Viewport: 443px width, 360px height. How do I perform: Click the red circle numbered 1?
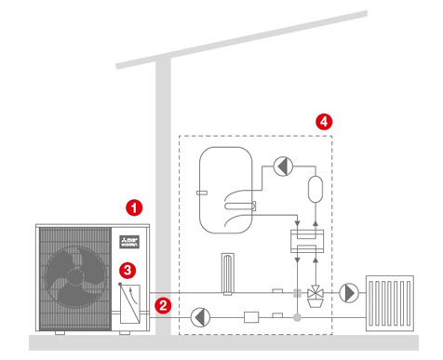click(x=135, y=207)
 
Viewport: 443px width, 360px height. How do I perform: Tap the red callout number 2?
click(x=163, y=304)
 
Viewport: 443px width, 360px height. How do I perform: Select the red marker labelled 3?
click(x=128, y=270)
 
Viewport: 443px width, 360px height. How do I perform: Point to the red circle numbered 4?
click(x=323, y=122)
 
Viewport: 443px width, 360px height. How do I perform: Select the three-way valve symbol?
click(x=316, y=292)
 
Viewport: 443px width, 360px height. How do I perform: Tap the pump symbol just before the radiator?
click(x=348, y=292)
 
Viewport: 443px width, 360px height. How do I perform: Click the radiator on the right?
click(x=390, y=300)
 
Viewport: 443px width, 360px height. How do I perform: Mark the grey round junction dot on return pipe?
click(x=297, y=317)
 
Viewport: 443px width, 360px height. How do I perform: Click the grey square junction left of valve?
click(x=297, y=292)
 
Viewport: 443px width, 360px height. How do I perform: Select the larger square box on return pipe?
click(x=249, y=317)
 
